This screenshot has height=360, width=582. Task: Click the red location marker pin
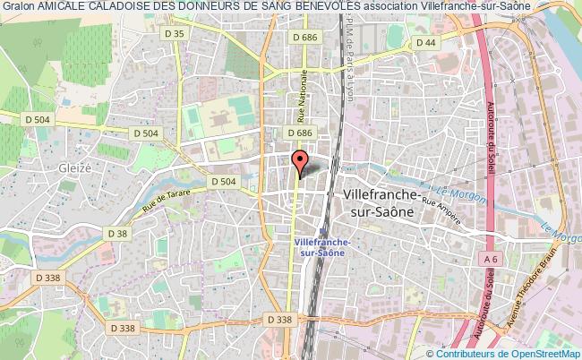point(300,161)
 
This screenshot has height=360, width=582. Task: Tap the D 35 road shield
point(177,33)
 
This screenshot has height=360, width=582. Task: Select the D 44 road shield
point(425,42)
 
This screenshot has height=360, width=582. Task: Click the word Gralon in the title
point(17,6)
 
